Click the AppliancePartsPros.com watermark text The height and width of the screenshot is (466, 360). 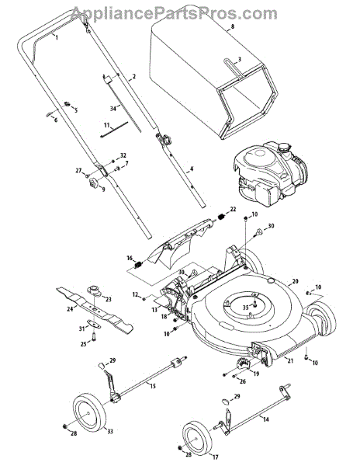[x=174, y=14]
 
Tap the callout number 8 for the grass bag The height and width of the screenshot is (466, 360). [x=233, y=26]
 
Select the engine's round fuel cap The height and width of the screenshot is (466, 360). [x=285, y=147]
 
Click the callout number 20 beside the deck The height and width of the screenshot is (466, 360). [x=295, y=281]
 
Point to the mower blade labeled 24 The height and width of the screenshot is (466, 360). [x=95, y=309]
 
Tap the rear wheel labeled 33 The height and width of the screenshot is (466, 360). [x=89, y=413]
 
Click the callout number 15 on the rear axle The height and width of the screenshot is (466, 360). [x=152, y=386]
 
